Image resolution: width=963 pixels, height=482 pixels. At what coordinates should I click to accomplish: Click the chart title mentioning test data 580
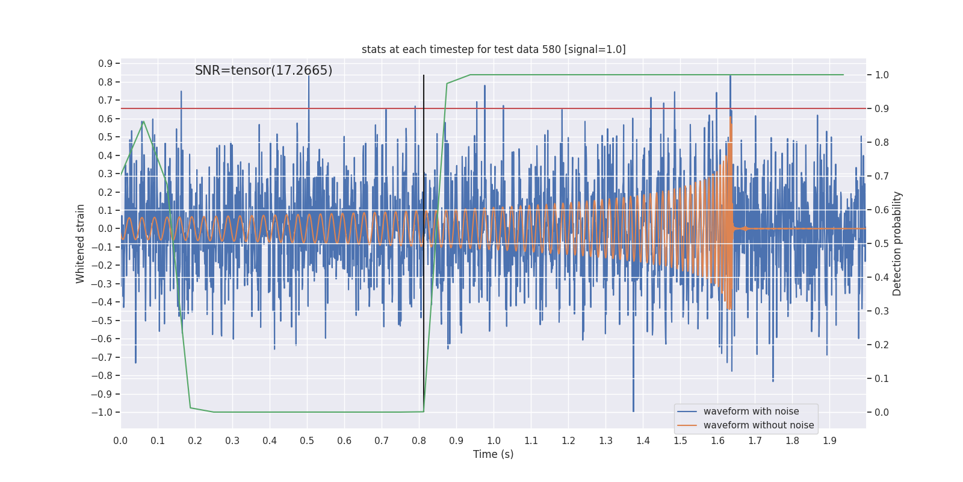click(x=494, y=49)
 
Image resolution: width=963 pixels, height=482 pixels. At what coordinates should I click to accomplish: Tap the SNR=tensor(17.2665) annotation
click(x=264, y=70)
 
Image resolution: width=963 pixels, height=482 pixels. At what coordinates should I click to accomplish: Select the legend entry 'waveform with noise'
click(x=751, y=412)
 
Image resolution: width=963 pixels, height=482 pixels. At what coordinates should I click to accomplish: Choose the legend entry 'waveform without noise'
click(x=758, y=425)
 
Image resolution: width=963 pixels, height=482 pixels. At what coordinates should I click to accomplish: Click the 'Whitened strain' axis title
click(x=81, y=243)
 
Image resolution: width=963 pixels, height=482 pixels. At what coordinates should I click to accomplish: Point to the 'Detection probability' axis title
click(x=897, y=243)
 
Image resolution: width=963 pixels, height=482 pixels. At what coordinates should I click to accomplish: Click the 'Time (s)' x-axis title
click(x=493, y=454)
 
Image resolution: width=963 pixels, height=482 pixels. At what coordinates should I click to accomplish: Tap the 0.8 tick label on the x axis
click(x=419, y=441)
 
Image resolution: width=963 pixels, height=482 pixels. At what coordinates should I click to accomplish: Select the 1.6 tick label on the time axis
click(x=717, y=441)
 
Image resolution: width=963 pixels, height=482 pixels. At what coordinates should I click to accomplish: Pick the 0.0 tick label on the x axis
click(x=120, y=441)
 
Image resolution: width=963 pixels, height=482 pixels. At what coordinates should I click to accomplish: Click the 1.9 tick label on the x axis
click(x=829, y=441)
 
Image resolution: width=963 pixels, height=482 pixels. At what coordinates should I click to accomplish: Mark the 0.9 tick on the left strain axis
click(x=105, y=64)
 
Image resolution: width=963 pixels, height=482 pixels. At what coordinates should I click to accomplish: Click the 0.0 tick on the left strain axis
click(x=105, y=229)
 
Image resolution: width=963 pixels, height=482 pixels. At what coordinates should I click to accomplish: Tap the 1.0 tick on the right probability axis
click(x=882, y=75)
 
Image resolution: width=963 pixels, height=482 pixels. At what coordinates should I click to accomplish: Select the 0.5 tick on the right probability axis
click(x=882, y=244)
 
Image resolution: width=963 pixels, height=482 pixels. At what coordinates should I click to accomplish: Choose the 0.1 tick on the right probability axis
click(x=882, y=379)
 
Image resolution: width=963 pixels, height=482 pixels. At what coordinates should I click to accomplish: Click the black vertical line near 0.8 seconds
click(x=424, y=241)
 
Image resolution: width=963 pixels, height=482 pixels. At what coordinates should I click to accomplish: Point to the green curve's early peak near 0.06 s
click(x=143, y=121)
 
